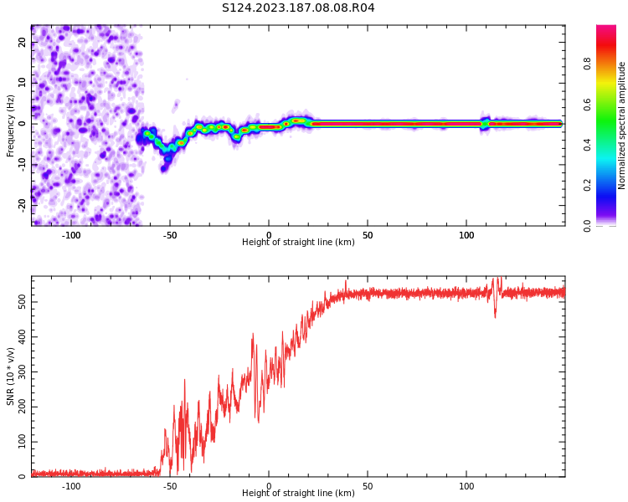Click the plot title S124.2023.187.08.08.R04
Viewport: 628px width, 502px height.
tap(298, 8)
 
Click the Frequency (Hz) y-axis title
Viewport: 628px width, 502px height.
tap(11, 125)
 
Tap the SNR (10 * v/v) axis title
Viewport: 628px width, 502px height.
tap(11, 376)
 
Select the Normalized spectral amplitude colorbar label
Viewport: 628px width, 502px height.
tap(622, 125)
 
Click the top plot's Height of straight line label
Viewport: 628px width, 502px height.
tap(298, 243)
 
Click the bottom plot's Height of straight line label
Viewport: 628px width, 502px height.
tap(298, 494)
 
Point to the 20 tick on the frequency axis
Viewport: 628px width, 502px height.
tap(23, 44)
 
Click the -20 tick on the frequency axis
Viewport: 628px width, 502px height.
tap(23, 203)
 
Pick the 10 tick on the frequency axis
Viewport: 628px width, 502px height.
tap(23, 84)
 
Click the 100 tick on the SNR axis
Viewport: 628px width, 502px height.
tap(23, 442)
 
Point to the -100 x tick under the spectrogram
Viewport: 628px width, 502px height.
tap(71, 234)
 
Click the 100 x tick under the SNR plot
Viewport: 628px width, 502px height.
tap(466, 485)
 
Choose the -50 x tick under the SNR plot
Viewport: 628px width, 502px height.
tap(170, 485)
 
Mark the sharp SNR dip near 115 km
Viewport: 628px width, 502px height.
tap(495, 315)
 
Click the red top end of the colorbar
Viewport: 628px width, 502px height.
tap(606, 29)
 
